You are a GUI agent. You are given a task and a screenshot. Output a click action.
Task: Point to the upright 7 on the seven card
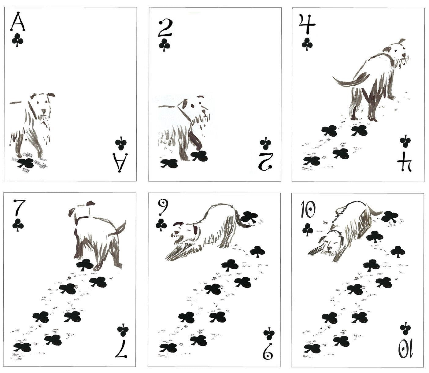click(19, 208)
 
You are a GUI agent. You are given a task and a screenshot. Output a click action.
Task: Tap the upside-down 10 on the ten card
click(406, 349)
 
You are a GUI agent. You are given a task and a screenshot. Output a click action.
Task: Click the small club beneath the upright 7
click(18, 225)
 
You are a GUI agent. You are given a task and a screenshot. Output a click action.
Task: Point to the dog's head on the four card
click(399, 52)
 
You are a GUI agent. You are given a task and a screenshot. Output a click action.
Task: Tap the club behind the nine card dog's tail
click(249, 217)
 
